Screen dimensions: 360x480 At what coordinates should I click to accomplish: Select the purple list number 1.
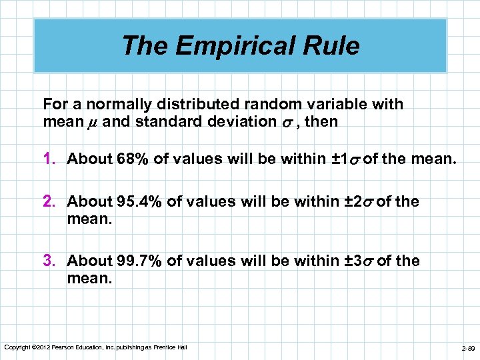tap(49, 159)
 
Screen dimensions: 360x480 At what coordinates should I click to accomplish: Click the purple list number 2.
tap(49, 202)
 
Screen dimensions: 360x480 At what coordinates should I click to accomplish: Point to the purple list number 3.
tap(49, 261)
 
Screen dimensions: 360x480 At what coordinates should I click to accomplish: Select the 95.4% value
tap(142, 202)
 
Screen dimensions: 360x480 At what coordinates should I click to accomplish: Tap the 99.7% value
tap(142, 261)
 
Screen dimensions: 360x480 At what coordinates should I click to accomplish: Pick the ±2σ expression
tap(359, 202)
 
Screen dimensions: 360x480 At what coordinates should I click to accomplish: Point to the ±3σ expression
tap(359, 261)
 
